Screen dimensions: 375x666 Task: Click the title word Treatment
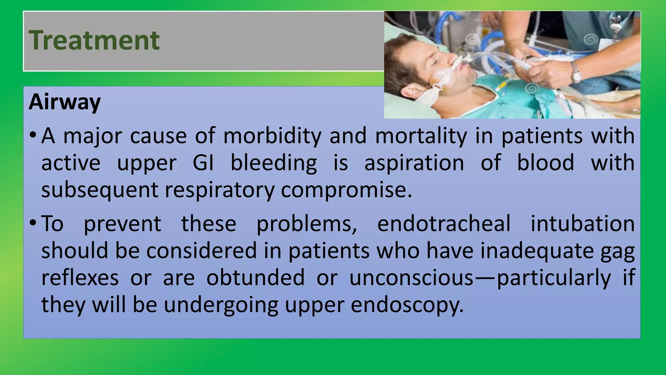click(x=94, y=40)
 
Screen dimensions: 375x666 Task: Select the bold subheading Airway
click(x=65, y=102)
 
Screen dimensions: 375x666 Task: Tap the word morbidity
click(x=272, y=136)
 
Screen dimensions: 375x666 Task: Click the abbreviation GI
click(x=203, y=163)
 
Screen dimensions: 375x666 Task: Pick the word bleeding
click(x=273, y=163)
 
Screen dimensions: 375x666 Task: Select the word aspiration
click(x=414, y=163)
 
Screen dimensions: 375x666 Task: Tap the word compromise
click(x=346, y=190)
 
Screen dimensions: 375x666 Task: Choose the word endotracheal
click(x=444, y=224)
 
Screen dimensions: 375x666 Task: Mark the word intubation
click(x=582, y=224)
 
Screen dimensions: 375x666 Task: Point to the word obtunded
click(x=256, y=278)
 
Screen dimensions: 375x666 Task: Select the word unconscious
click(x=411, y=278)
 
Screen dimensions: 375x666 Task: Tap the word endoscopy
click(x=407, y=305)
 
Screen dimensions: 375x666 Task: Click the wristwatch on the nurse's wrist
click(x=576, y=72)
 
